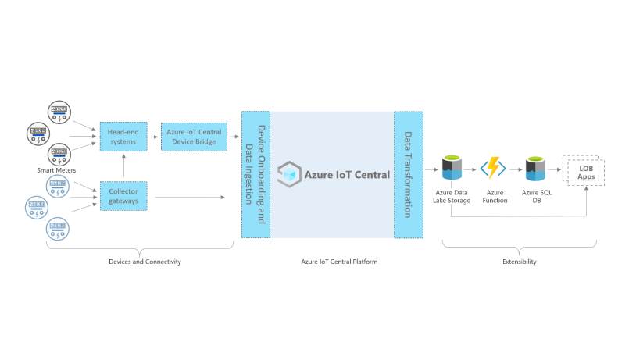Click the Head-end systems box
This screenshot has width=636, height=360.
click(122, 137)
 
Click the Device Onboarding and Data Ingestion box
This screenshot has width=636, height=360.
click(255, 175)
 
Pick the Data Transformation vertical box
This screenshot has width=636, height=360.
click(408, 175)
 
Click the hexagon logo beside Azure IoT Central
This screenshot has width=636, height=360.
click(289, 174)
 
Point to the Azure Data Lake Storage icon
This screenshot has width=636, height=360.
click(452, 167)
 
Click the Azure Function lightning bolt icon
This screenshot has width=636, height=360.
click(494, 168)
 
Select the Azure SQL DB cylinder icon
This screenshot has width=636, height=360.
click(535, 168)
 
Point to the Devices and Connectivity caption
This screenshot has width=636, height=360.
click(145, 262)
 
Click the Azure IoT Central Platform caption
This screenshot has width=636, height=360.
click(339, 262)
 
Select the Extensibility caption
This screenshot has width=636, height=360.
click(520, 262)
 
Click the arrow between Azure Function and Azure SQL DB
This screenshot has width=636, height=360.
click(515, 168)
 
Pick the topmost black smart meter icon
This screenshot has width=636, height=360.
click(59, 110)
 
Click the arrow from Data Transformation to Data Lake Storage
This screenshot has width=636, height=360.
click(430, 168)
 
